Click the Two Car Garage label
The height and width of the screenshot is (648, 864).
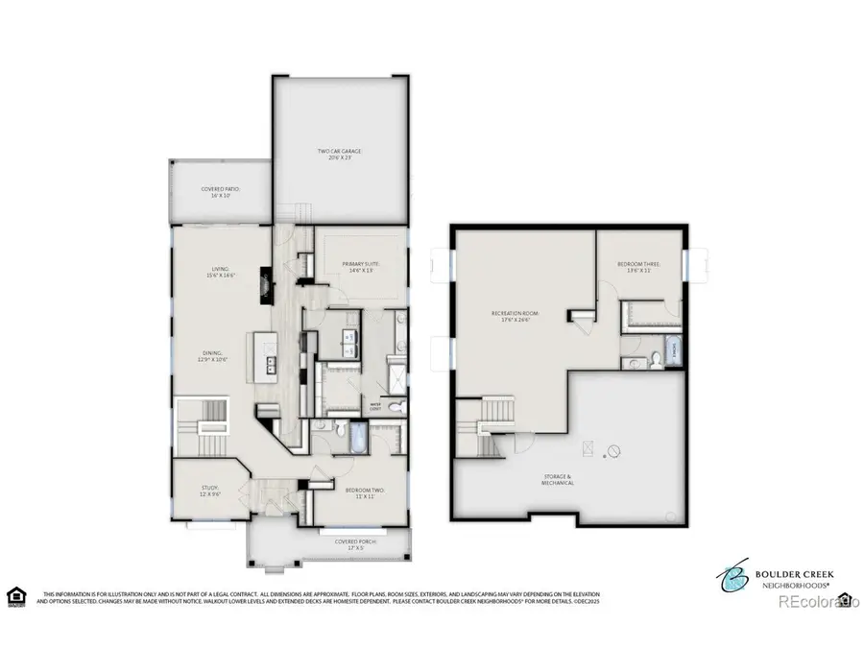click(340, 155)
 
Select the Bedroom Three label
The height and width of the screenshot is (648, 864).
click(637, 269)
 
